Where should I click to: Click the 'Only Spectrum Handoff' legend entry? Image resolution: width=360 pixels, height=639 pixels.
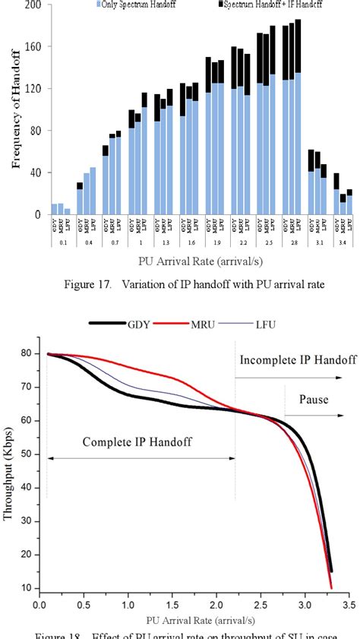137,5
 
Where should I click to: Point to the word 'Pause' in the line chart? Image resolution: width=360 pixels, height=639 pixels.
313,400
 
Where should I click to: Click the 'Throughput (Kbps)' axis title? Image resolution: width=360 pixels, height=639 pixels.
11,471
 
